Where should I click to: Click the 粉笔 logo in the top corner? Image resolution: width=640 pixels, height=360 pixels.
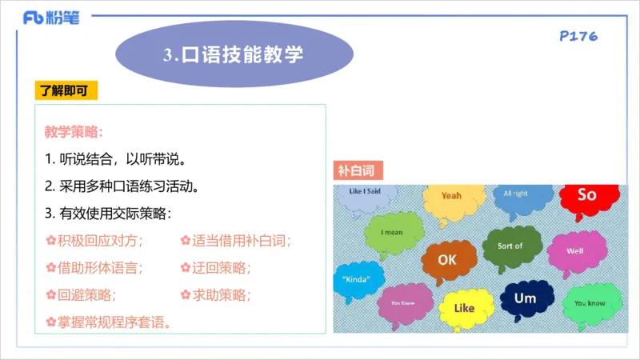[x=50, y=18]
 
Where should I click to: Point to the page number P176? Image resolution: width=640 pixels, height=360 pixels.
[x=578, y=36]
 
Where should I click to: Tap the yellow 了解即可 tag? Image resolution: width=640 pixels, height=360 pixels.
[x=66, y=90]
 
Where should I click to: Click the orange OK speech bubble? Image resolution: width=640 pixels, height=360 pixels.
[x=446, y=260]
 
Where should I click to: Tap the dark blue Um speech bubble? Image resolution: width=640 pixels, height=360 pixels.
[x=525, y=298]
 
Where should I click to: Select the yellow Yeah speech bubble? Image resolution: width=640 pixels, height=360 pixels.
[x=452, y=197]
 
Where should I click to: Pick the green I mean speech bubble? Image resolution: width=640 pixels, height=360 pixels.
[x=392, y=233]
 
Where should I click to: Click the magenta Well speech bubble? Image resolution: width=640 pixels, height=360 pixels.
[x=575, y=250]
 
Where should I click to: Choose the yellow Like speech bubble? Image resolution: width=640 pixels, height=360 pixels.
[x=464, y=309]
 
